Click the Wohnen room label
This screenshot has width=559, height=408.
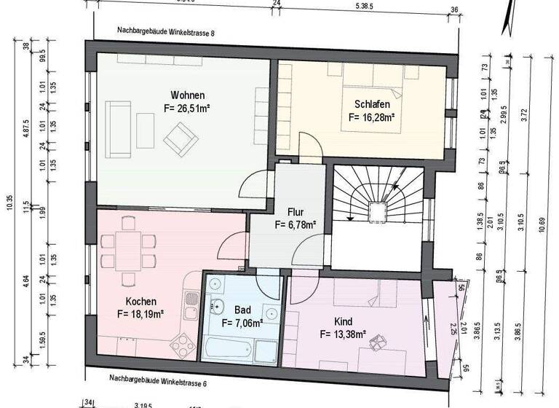[x=187, y=95]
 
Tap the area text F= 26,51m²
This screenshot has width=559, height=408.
[x=187, y=109]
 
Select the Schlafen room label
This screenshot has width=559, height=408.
[x=371, y=103]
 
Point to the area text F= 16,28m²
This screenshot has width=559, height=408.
[x=371, y=117]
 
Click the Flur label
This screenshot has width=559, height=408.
[x=295, y=212]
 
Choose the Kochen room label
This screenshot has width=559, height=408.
[x=140, y=301]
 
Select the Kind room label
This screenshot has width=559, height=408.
[x=343, y=321]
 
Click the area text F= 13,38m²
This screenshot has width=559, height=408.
[x=343, y=335]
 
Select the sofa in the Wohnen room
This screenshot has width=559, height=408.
[x=118, y=129]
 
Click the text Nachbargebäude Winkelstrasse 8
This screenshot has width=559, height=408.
[x=166, y=33]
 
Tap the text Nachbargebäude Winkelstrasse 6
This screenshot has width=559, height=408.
[x=158, y=379]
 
